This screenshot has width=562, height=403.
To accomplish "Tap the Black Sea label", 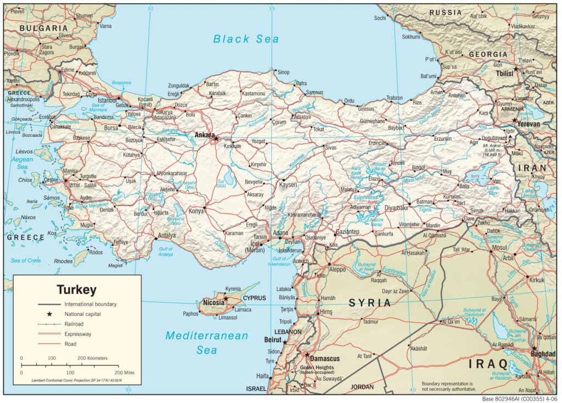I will pyautogui.click(x=246, y=39).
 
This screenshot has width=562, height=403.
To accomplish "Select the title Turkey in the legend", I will pyautogui.click(x=77, y=289).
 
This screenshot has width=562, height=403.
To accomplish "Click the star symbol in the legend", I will pyautogui.click(x=49, y=314).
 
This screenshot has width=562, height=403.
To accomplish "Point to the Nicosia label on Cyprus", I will pyautogui.click(x=213, y=303).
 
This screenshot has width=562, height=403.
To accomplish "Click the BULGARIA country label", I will pyautogui.click(x=43, y=28).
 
